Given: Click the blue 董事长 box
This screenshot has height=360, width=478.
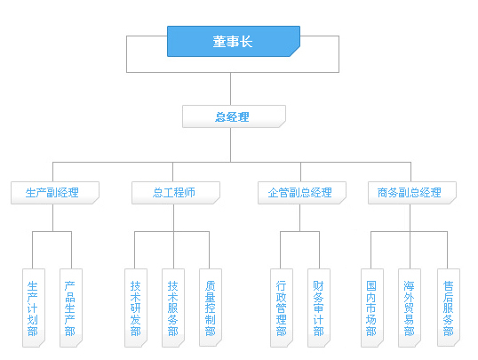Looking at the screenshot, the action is pos(234,41).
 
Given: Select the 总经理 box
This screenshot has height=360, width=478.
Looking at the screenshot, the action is pos(234,116).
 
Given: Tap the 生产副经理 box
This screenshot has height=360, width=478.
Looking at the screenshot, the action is pos(55,193).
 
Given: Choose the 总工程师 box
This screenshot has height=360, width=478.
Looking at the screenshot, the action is pos(176,193).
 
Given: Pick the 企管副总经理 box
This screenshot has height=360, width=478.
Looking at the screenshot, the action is pos(302,193).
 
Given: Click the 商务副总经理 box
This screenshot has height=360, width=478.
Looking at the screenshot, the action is pos(412,193).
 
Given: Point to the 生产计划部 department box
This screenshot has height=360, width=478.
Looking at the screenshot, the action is pos(34,308).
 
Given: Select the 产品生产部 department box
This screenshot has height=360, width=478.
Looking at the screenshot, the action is pos(71,308).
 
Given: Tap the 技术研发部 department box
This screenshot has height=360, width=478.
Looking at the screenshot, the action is pos(136,308).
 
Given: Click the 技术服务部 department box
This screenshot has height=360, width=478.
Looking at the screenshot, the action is pos(173,308).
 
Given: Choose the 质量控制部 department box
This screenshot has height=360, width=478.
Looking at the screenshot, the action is pos(211,308).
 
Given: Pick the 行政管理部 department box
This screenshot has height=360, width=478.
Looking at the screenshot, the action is pos(282,308).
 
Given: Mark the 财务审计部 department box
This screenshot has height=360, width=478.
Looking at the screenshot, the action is pos(319,308).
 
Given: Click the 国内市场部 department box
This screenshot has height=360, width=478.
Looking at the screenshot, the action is pos(372,308).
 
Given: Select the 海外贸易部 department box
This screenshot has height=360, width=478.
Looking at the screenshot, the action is pos(410,308).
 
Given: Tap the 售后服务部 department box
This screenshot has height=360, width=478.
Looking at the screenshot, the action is pos(449,308).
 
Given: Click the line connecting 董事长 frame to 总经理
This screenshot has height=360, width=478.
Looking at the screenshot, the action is pos(230,89).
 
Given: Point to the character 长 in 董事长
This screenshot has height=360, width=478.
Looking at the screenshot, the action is pos(246,42).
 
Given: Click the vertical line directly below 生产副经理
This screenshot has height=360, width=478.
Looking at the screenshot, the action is pos(52,218).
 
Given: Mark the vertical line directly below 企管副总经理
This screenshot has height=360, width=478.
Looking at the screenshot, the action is pos(299,218).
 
